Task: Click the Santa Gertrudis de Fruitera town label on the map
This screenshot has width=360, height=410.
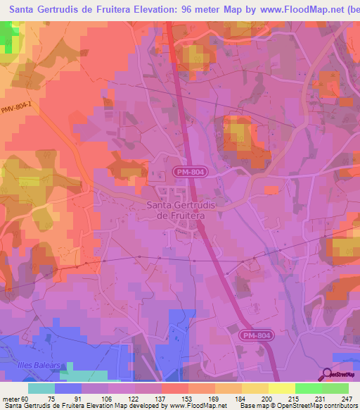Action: pyautogui.click(x=176, y=210)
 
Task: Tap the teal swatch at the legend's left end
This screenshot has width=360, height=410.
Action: pyautogui.click(x=41, y=388)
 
